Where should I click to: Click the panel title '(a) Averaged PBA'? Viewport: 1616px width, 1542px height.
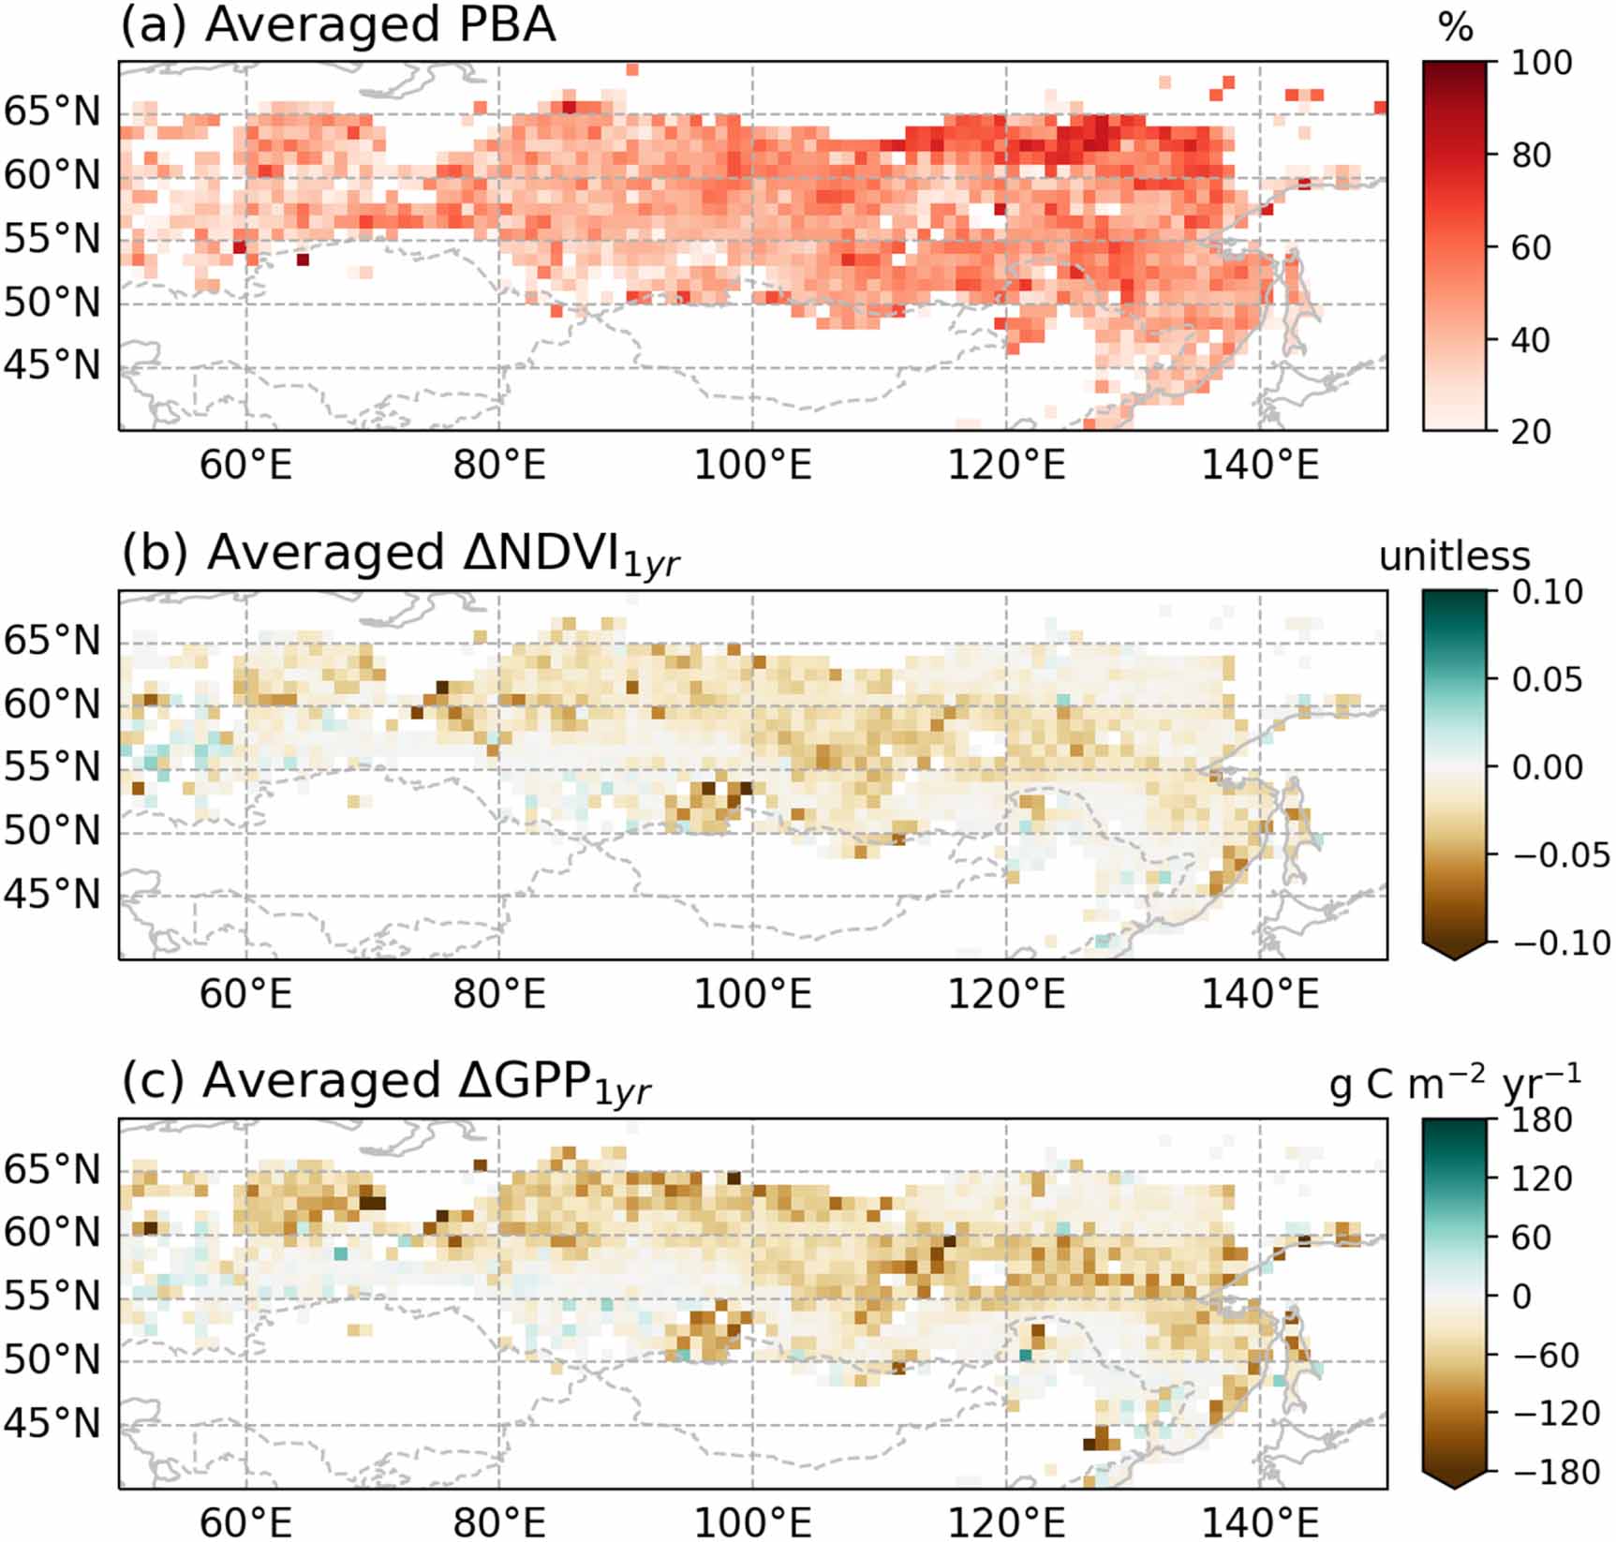pyautogui.click(x=338, y=25)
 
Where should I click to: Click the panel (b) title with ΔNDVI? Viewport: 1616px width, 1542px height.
pyautogui.click(x=400, y=554)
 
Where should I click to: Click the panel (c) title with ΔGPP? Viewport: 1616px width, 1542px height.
pyautogui.click(x=385, y=1082)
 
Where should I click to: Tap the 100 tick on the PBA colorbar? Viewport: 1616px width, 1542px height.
pyautogui.click(x=1541, y=63)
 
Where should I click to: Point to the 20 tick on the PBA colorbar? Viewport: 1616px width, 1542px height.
pyautogui.click(x=1530, y=431)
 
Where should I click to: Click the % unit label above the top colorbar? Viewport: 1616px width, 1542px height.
pyautogui.click(x=1455, y=28)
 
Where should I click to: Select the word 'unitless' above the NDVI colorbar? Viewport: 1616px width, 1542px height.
pyautogui.click(x=1454, y=556)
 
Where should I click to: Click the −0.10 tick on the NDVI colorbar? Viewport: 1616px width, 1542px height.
pyautogui.click(x=1561, y=942)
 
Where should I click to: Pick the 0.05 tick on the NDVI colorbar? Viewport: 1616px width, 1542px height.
pyautogui.click(x=1547, y=679)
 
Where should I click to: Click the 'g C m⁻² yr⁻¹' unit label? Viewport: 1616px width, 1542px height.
pyautogui.click(x=1454, y=1084)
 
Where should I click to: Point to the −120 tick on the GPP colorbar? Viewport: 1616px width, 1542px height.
pyautogui.click(x=1555, y=1413)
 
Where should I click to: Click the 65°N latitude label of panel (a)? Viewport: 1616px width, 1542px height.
pyautogui.click(x=52, y=111)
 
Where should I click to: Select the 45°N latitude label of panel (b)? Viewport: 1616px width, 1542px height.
pyautogui.click(x=52, y=895)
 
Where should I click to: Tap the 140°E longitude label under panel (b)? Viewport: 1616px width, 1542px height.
pyautogui.click(x=1260, y=993)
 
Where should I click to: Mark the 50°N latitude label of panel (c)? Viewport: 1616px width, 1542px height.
pyautogui.click(x=52, y=1359)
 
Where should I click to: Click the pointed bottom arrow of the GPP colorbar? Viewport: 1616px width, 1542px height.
pyautogui.click(x=1454, y=1479)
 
